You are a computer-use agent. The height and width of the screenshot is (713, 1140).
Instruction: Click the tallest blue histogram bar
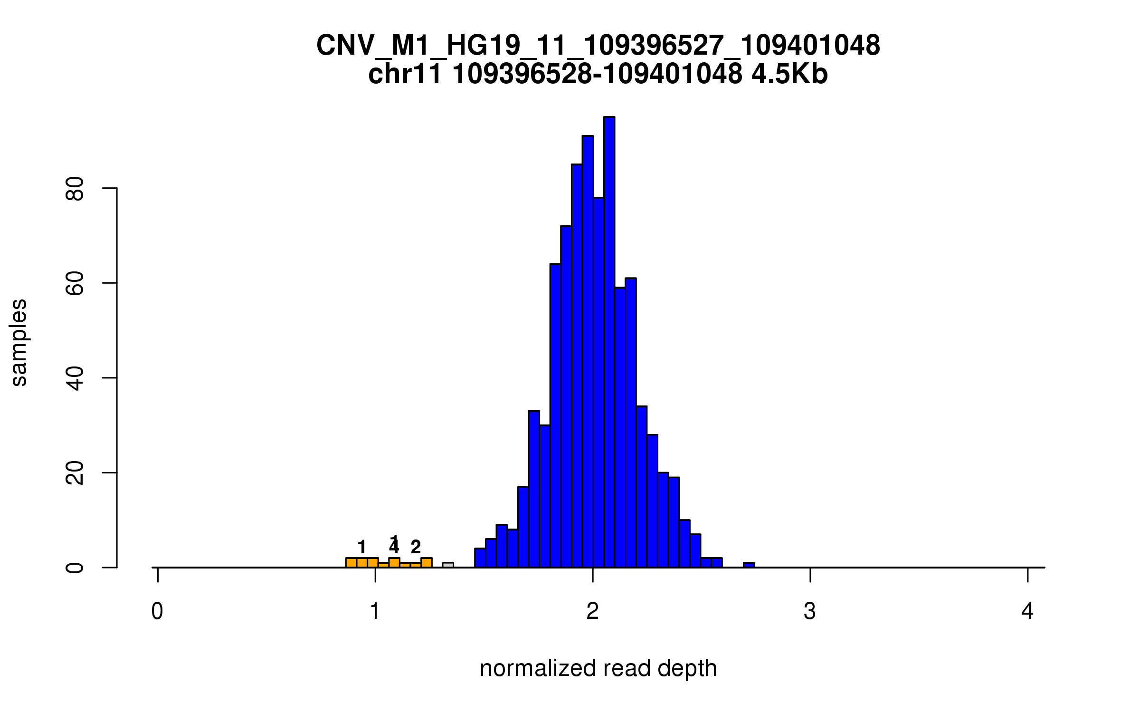pos(609,342)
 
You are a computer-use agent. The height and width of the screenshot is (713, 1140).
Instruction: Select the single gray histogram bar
pos(448,565)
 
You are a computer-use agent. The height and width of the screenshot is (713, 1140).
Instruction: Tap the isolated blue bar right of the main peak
pos(749,565)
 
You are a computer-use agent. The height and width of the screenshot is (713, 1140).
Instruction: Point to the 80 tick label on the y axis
pos(75,189)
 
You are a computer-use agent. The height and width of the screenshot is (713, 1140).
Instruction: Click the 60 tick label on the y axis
pos(75,283)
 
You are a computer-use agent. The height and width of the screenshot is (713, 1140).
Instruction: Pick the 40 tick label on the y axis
pos(75,378)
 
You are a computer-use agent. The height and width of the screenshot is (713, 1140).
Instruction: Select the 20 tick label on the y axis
pos(75,473)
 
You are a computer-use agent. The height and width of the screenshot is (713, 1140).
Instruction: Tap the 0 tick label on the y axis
pos(75,568)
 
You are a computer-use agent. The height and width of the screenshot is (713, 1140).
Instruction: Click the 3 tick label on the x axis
pos(810,612)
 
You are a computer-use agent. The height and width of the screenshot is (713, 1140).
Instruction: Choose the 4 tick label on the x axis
pos(1027,612)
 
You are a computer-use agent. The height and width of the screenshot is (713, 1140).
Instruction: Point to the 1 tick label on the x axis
pos(375,612)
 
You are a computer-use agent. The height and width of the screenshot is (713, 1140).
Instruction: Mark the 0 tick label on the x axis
pos(157,612)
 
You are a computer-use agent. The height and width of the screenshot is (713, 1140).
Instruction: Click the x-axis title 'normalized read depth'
pos(598,668)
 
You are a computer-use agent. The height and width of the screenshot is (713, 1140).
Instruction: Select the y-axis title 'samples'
pos(19,343)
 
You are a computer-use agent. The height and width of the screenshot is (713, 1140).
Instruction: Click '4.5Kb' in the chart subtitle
pos(789,75)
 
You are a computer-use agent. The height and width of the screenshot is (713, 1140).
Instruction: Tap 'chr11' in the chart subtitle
pos(405,75)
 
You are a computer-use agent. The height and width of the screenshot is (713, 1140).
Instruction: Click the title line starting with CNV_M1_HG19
pos(598,46)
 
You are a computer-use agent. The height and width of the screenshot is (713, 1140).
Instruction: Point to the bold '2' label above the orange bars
pos(416,547)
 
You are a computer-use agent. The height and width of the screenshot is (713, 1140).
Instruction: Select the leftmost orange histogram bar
pos(351,563)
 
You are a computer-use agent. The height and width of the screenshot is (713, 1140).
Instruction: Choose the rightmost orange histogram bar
pos(426,563)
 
